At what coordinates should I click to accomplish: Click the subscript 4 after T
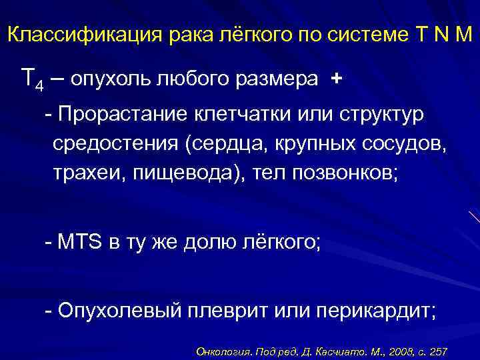coord(39,86)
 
